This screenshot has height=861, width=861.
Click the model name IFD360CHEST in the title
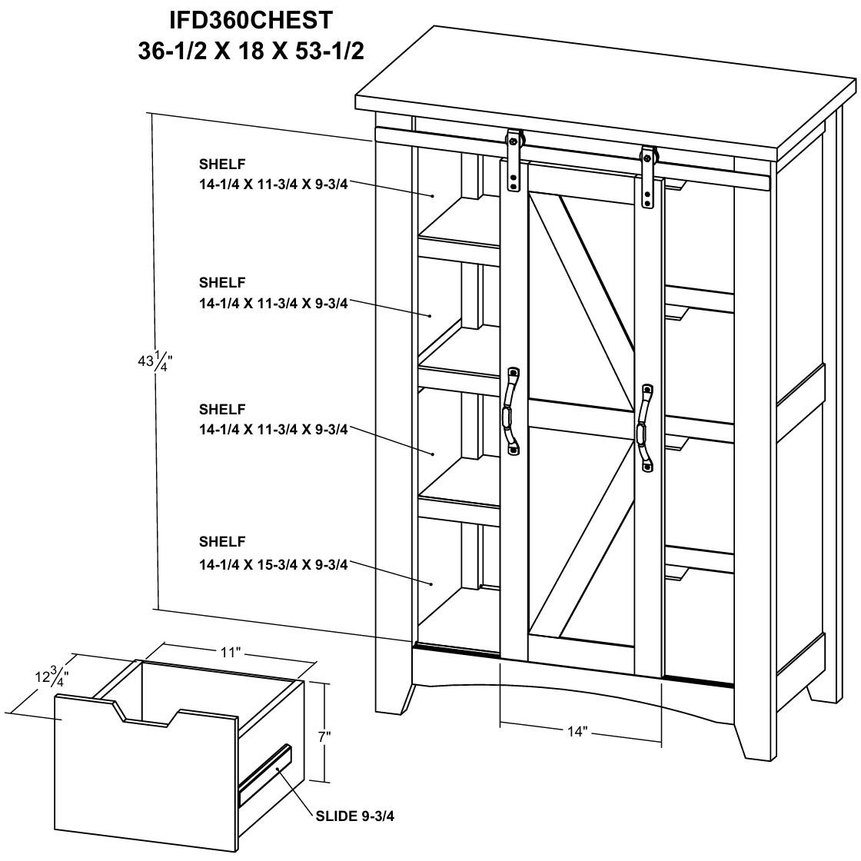(251, 20)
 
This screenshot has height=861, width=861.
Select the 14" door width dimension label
(577, 731)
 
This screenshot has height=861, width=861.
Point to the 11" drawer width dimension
(231, 652)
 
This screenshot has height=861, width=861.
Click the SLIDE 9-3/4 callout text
(354, 816)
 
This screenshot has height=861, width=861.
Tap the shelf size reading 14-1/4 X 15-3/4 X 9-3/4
(274, 564)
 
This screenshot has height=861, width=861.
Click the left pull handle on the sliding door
(510, 411)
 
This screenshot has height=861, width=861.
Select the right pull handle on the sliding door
(646, 427)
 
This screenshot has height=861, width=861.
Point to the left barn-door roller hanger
(514, 160)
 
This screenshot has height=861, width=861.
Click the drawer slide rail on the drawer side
(265, 774)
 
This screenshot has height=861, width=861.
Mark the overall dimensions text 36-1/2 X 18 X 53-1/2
(251, 51)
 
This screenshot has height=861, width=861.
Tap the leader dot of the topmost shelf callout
(433, 195)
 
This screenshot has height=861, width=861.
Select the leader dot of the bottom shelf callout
(432, 583)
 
